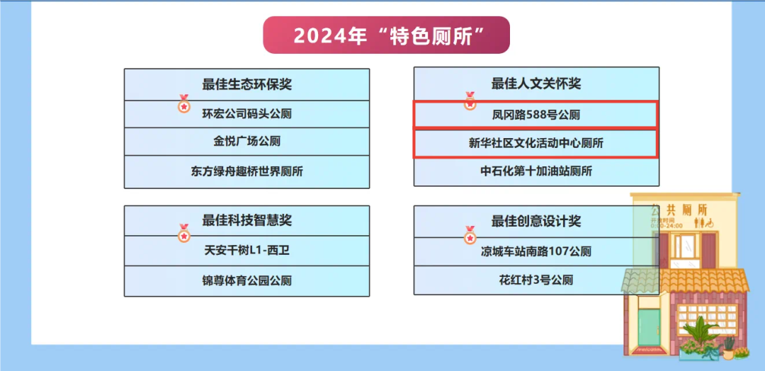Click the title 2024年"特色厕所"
point(387,35)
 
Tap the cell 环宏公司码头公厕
point(247,115)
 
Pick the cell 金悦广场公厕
point(247,142)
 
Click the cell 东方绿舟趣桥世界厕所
point(247,171)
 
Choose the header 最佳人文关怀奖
point(536,84)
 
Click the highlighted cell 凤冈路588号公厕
point(536,115)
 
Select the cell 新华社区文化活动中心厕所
point(536,143)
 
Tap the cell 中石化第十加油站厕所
point(536,171)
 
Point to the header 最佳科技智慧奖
point(247,221)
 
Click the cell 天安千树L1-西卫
point(247,251)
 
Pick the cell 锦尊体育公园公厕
point(247,281)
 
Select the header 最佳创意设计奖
point(536,222)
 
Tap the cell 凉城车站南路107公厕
point(536,252)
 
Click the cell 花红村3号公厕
point(536,280)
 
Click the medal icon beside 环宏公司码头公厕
point(184,104)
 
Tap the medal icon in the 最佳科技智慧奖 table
point(184,234)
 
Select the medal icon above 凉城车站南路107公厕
point(470,236)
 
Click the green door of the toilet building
point(649,326)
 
